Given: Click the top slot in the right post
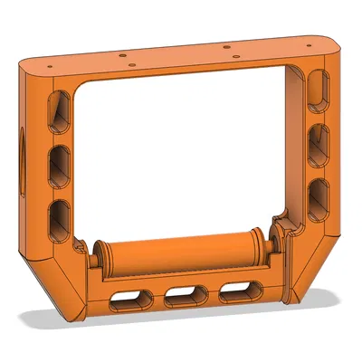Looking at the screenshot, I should pyautogui.click(x=319, y=92).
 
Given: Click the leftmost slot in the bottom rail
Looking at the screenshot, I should pyautogui.click(x=129, y=300).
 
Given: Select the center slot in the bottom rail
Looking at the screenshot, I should pyautogui.click(x=184, y=295).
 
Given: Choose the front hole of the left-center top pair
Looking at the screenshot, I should pyautogui.click(x=133, y=64).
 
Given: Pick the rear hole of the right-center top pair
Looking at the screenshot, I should pyautogui.click(x=225, y=45).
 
